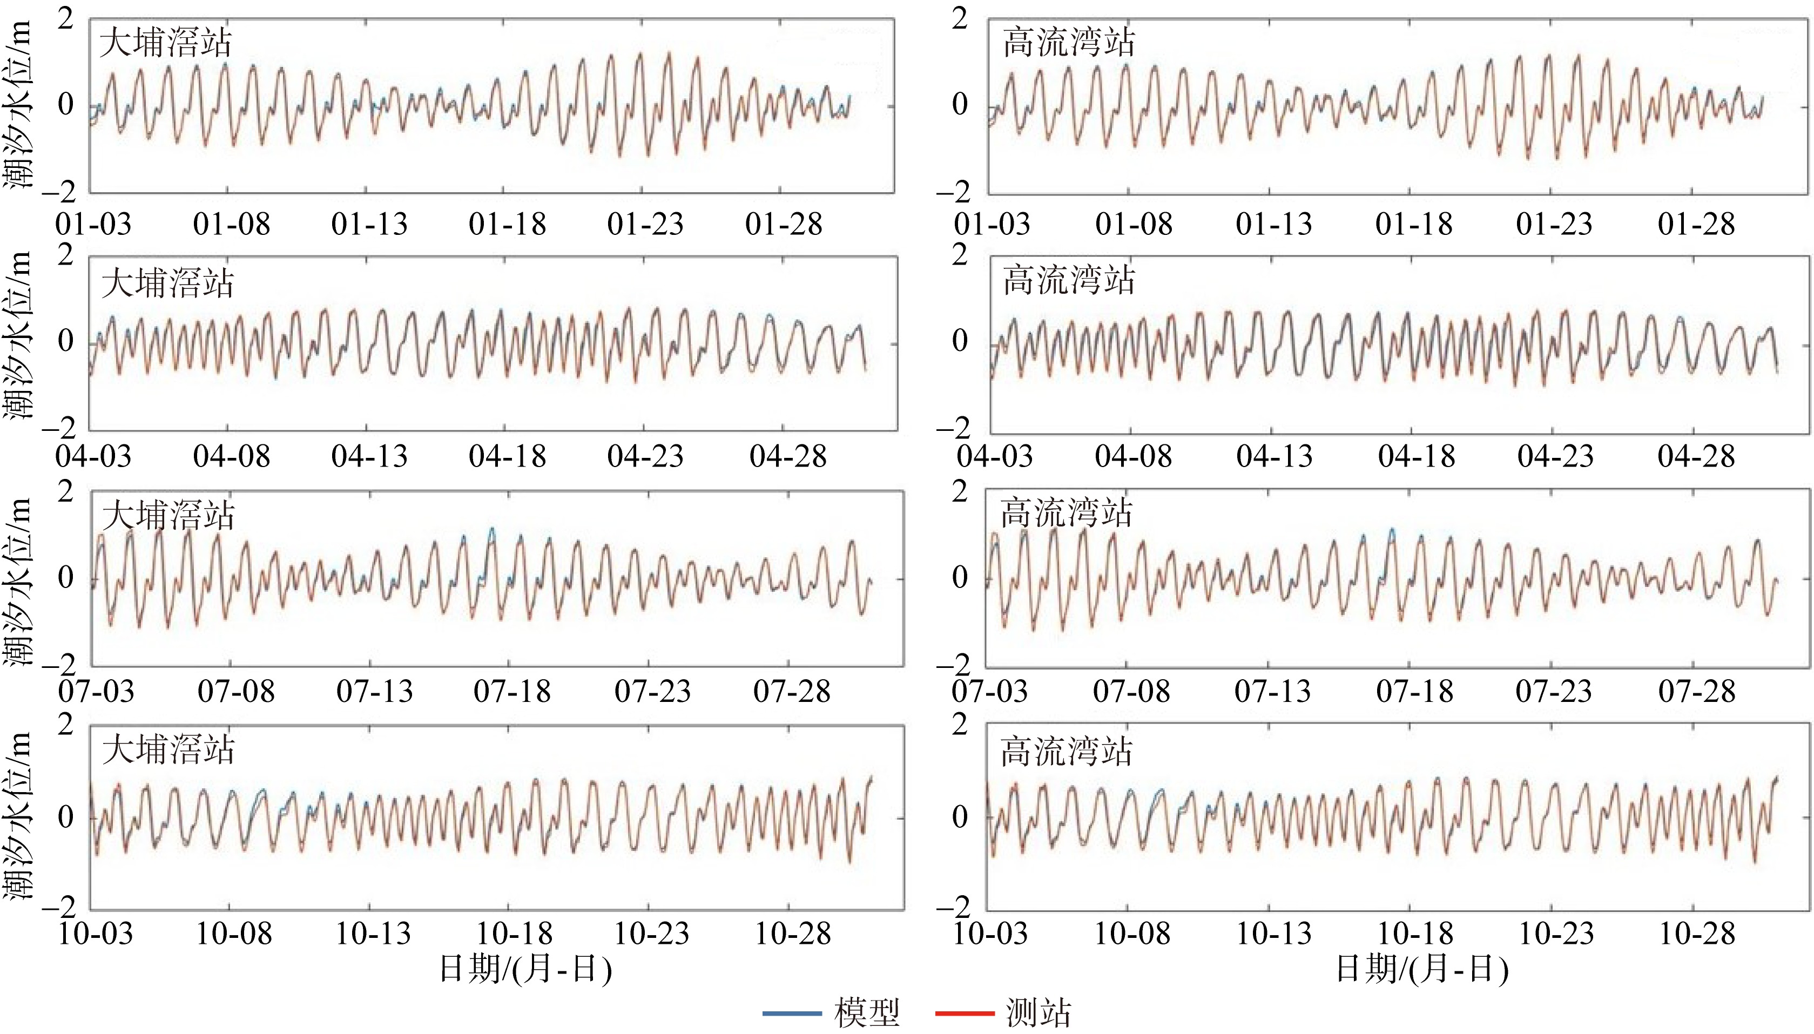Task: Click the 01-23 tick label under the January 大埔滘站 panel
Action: pos(645,225)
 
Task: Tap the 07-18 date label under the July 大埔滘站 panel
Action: pos(512,691)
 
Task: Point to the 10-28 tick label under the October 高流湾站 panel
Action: pos(1696,933)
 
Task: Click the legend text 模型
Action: pos(867,1013)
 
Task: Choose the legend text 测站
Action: pos(1039,1013)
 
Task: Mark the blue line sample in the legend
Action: pos(792,1013)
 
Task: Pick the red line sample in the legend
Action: pos(965,1013)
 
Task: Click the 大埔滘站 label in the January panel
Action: pos(165,43)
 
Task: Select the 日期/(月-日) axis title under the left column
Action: pos(525,969)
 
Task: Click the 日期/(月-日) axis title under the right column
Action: pos(1422,969)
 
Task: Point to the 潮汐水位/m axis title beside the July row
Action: pos(20,581)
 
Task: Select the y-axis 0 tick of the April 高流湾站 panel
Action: pos(960,341)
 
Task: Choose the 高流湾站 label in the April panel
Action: pos(1069,280)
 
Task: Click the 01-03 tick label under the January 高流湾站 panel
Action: pos(992,225)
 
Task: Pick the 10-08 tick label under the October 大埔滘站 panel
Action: pos(234,933)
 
